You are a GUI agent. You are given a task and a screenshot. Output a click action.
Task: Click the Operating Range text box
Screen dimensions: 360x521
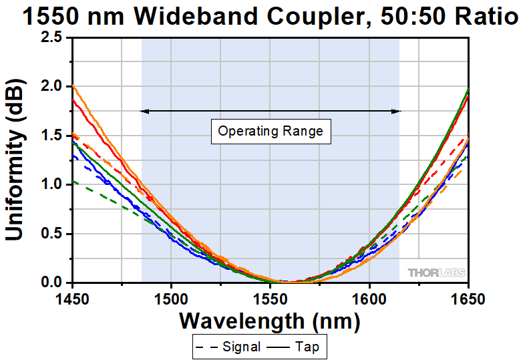271,131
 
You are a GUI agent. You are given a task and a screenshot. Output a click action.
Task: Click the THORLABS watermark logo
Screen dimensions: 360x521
436,273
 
